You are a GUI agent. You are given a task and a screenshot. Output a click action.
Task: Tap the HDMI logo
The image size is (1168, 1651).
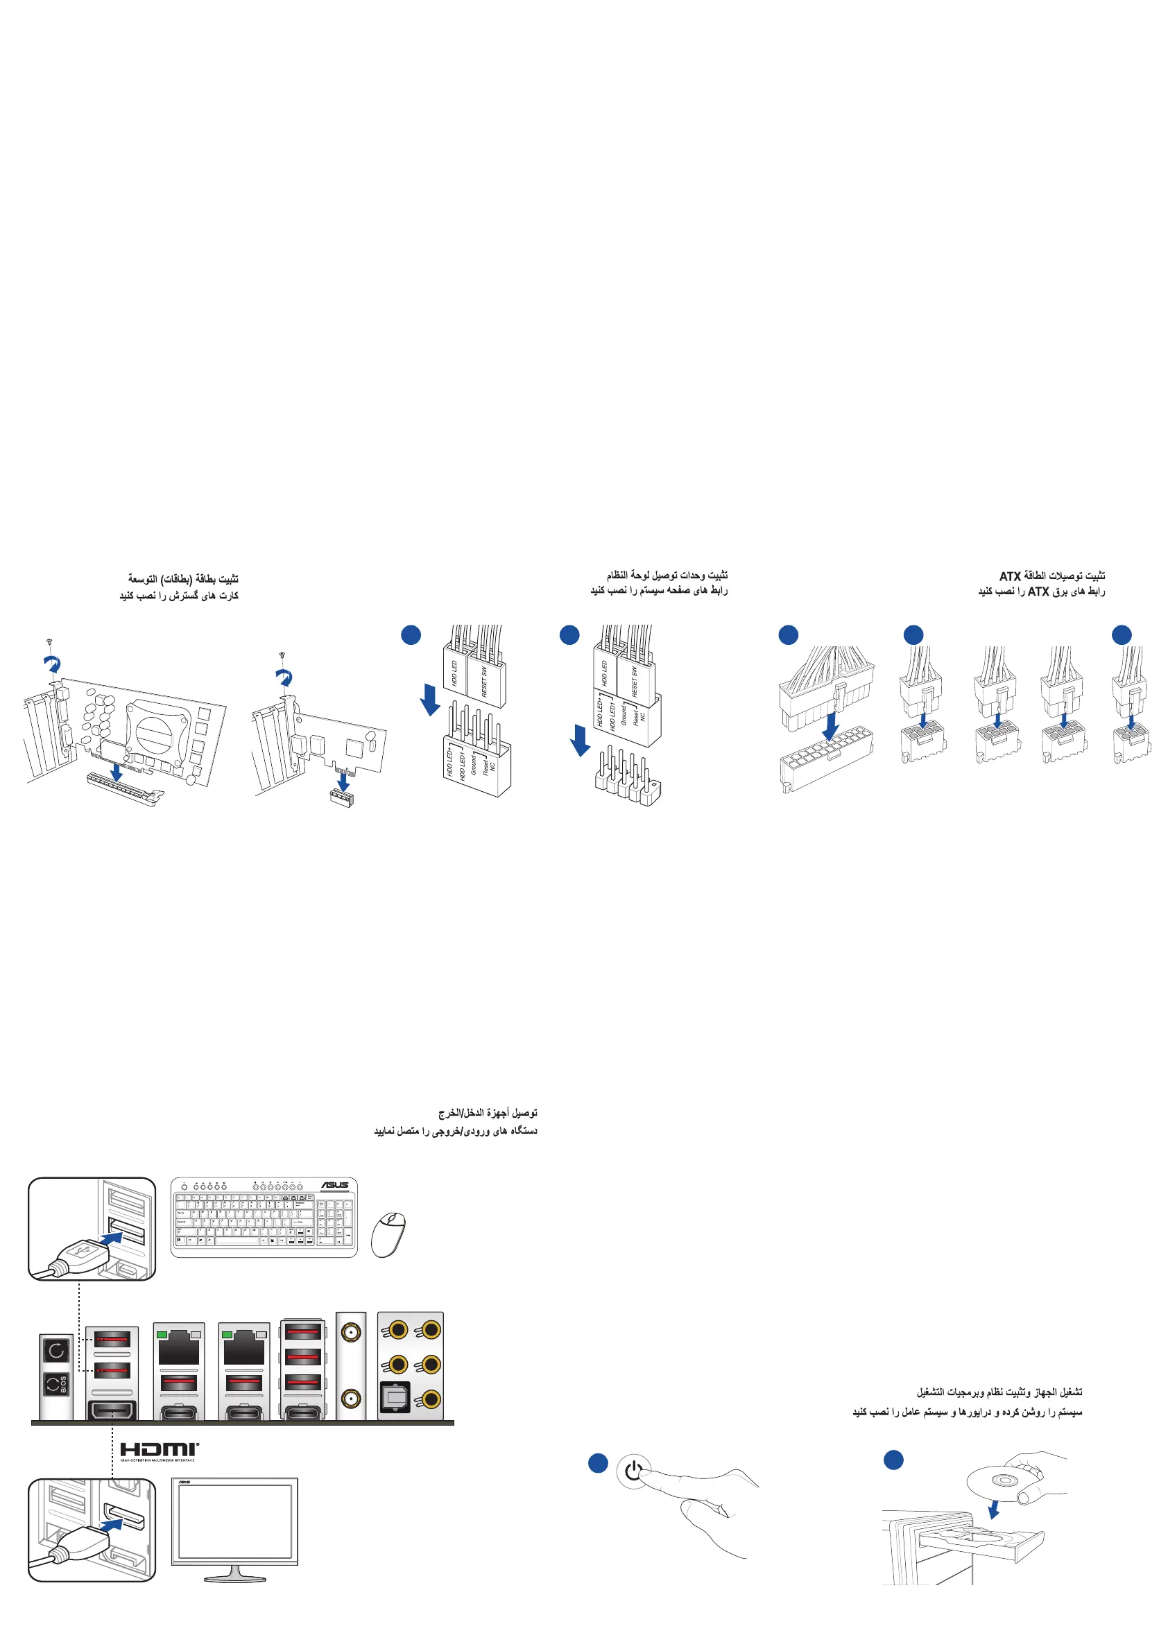click(x=159, y=1450)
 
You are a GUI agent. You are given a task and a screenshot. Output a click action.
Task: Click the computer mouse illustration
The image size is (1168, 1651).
click(x=388, y=1234)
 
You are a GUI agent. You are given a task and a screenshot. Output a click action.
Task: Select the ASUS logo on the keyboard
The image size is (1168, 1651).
click(x=335, y=1185)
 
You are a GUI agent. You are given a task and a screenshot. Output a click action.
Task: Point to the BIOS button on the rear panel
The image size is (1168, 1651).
click(x=57, y=1383)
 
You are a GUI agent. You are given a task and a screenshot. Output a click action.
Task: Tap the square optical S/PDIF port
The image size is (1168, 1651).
click(x=394, y=1398)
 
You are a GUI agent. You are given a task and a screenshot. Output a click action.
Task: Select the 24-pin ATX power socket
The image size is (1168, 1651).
click(x=827, y=763)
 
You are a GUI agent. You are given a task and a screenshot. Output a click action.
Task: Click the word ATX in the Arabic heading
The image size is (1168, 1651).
click(x=1010, y=577)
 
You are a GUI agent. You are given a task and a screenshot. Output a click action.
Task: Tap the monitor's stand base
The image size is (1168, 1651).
click(x=234, y=1578)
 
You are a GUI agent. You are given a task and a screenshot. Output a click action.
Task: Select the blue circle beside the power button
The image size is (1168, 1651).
click(x=598, y=1462)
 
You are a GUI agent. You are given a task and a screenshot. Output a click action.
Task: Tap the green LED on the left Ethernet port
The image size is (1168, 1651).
click(x=163, y=1335)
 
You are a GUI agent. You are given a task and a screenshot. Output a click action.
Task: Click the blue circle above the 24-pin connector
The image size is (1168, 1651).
click(x=788, y=634)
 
